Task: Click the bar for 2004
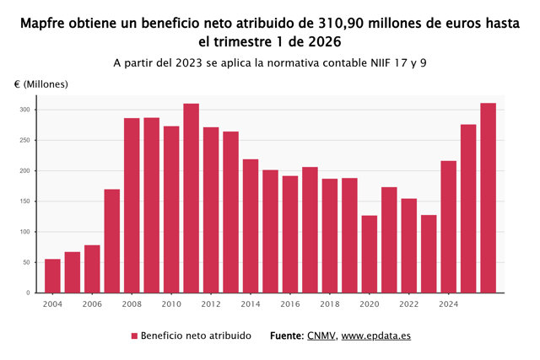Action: click(52, 276)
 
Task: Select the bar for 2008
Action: click(132, 206)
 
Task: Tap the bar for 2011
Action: click(192, 198)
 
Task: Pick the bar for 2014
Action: click(251, 226)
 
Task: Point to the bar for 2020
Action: click(370, 255)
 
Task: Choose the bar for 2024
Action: click(448, 227)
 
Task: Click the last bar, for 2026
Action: click(489, 198)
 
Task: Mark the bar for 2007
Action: click(112, 241)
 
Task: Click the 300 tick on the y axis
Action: click(24, 110)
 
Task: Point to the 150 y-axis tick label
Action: click(24, 201)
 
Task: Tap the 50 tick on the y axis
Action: click(26, 262)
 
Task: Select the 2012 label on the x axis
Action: click(211, 304)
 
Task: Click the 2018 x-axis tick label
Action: click(330, 304)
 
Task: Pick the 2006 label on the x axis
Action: click(92, 304)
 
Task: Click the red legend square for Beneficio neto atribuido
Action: click(134, 336)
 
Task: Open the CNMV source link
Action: click(321, 336)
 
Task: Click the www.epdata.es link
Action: click(376, 336)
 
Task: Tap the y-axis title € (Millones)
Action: click(41, 84)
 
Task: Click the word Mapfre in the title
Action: click(42, 24)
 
